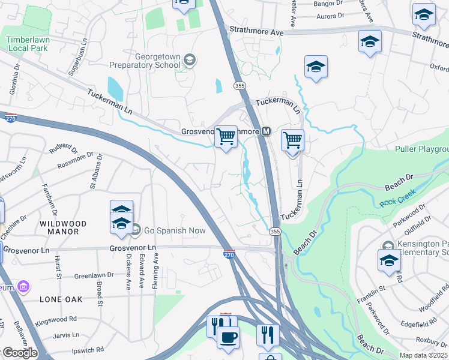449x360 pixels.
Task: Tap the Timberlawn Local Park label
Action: point(26,44)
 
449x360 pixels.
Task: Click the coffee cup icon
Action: point(227,337)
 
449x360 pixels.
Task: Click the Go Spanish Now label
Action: point(175,230)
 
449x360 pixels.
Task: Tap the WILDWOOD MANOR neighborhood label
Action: point(63,227)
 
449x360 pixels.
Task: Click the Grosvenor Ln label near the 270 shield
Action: point(133,247)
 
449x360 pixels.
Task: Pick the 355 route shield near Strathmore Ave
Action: point(240,86)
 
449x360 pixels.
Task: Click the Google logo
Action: point(20,353)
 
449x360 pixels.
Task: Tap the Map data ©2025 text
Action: point(424,355)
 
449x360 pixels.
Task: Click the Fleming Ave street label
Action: point(155,271)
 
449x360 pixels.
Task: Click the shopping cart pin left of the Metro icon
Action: point(226,137)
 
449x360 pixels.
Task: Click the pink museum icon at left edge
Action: point(23,287)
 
